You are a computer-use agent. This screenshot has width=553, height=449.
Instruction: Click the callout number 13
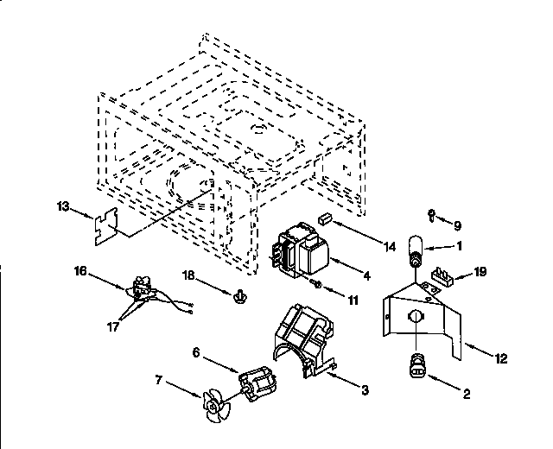pos(61,206)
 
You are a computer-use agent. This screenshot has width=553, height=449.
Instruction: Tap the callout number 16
pos(80,270)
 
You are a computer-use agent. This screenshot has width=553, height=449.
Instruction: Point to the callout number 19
pos(481,271)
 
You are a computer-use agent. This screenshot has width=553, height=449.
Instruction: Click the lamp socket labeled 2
pos(416,364)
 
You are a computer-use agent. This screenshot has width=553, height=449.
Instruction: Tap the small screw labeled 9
pos(429,213)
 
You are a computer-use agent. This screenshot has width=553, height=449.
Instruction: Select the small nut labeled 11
pos(318,284)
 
